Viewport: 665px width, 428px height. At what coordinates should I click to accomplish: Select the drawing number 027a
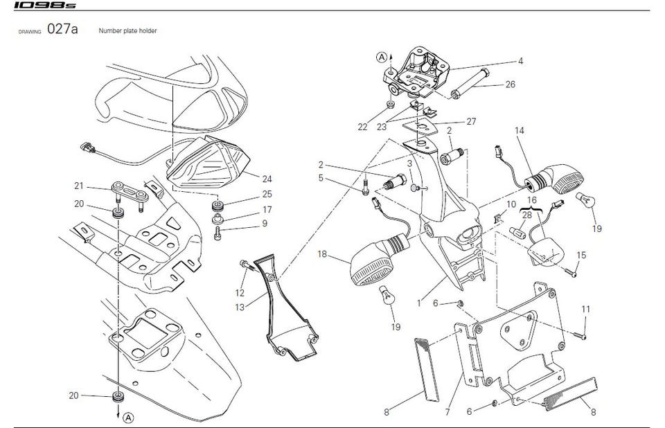tap(62, 31)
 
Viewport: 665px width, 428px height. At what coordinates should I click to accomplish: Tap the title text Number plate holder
tap(132, 31)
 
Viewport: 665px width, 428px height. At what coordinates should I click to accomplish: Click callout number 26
tap(511, 84)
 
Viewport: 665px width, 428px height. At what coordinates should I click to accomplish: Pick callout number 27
tap(471, 121)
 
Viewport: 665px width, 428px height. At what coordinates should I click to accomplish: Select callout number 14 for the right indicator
tap(520, 130)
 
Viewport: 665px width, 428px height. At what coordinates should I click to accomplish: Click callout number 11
tap(586, 308)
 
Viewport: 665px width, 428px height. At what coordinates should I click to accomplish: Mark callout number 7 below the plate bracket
tap(447, 412)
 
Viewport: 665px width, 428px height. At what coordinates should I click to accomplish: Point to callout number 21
tap(79, 186)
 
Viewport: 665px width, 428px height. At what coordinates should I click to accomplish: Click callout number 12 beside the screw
tap(240, 293)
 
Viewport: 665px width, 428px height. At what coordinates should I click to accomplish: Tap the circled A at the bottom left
tap(129, 417)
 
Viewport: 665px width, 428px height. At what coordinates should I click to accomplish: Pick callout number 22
tap(363, 127)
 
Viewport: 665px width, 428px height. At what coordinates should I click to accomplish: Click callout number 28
tap(527, 215)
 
